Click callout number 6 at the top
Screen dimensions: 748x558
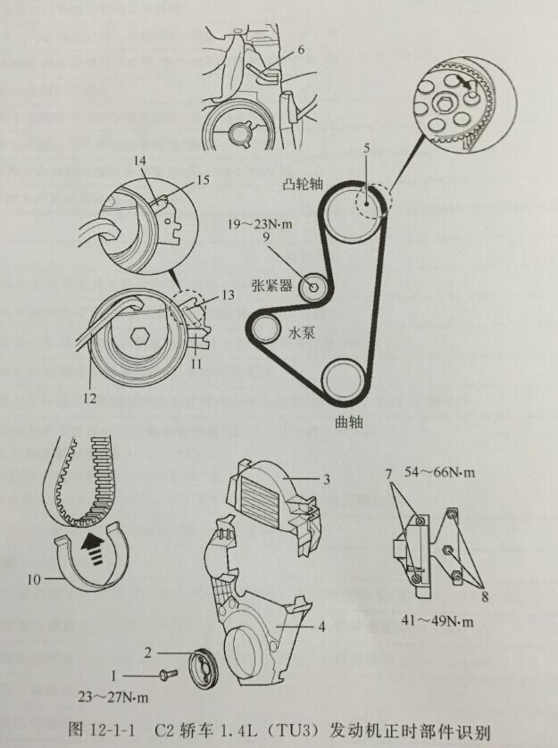(301, 50)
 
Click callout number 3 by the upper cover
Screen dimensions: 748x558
(326, 480)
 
